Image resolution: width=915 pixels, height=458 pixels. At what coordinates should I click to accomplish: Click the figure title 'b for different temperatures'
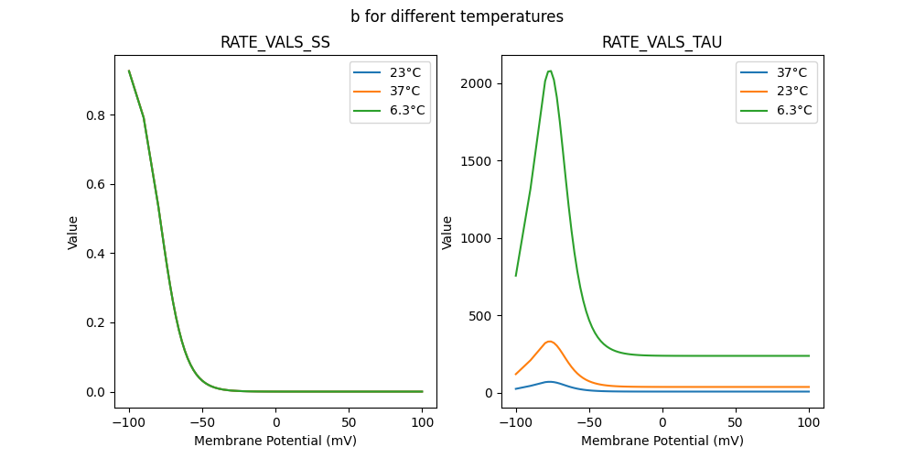click(457, 16)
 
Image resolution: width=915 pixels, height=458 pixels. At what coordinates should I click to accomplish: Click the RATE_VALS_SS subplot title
click(275, 43)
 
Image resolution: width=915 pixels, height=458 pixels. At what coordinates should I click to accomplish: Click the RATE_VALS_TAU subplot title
click(662, 43)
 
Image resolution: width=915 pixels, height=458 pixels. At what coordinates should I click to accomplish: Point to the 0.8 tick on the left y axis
click(95, 115)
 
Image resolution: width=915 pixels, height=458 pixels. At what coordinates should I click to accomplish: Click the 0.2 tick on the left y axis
click(95, 322)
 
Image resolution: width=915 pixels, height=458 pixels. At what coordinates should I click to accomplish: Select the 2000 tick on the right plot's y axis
click(476, 83)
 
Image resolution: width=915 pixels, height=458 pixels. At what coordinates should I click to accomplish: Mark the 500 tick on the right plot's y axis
click(479, 316)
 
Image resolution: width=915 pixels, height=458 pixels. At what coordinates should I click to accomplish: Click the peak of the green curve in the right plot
click(549, 71)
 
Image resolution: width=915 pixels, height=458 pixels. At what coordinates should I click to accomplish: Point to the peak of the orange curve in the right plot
click(549, 342)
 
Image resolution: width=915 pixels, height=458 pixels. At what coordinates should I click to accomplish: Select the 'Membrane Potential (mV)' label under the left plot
click(275, 441)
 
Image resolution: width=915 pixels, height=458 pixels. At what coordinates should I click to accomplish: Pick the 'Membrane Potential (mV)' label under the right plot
click(662, 441)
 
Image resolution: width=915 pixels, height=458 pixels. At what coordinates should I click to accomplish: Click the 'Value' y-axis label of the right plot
click(448, 233)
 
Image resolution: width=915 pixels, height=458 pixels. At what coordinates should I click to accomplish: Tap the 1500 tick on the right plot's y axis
click(476, 161)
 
